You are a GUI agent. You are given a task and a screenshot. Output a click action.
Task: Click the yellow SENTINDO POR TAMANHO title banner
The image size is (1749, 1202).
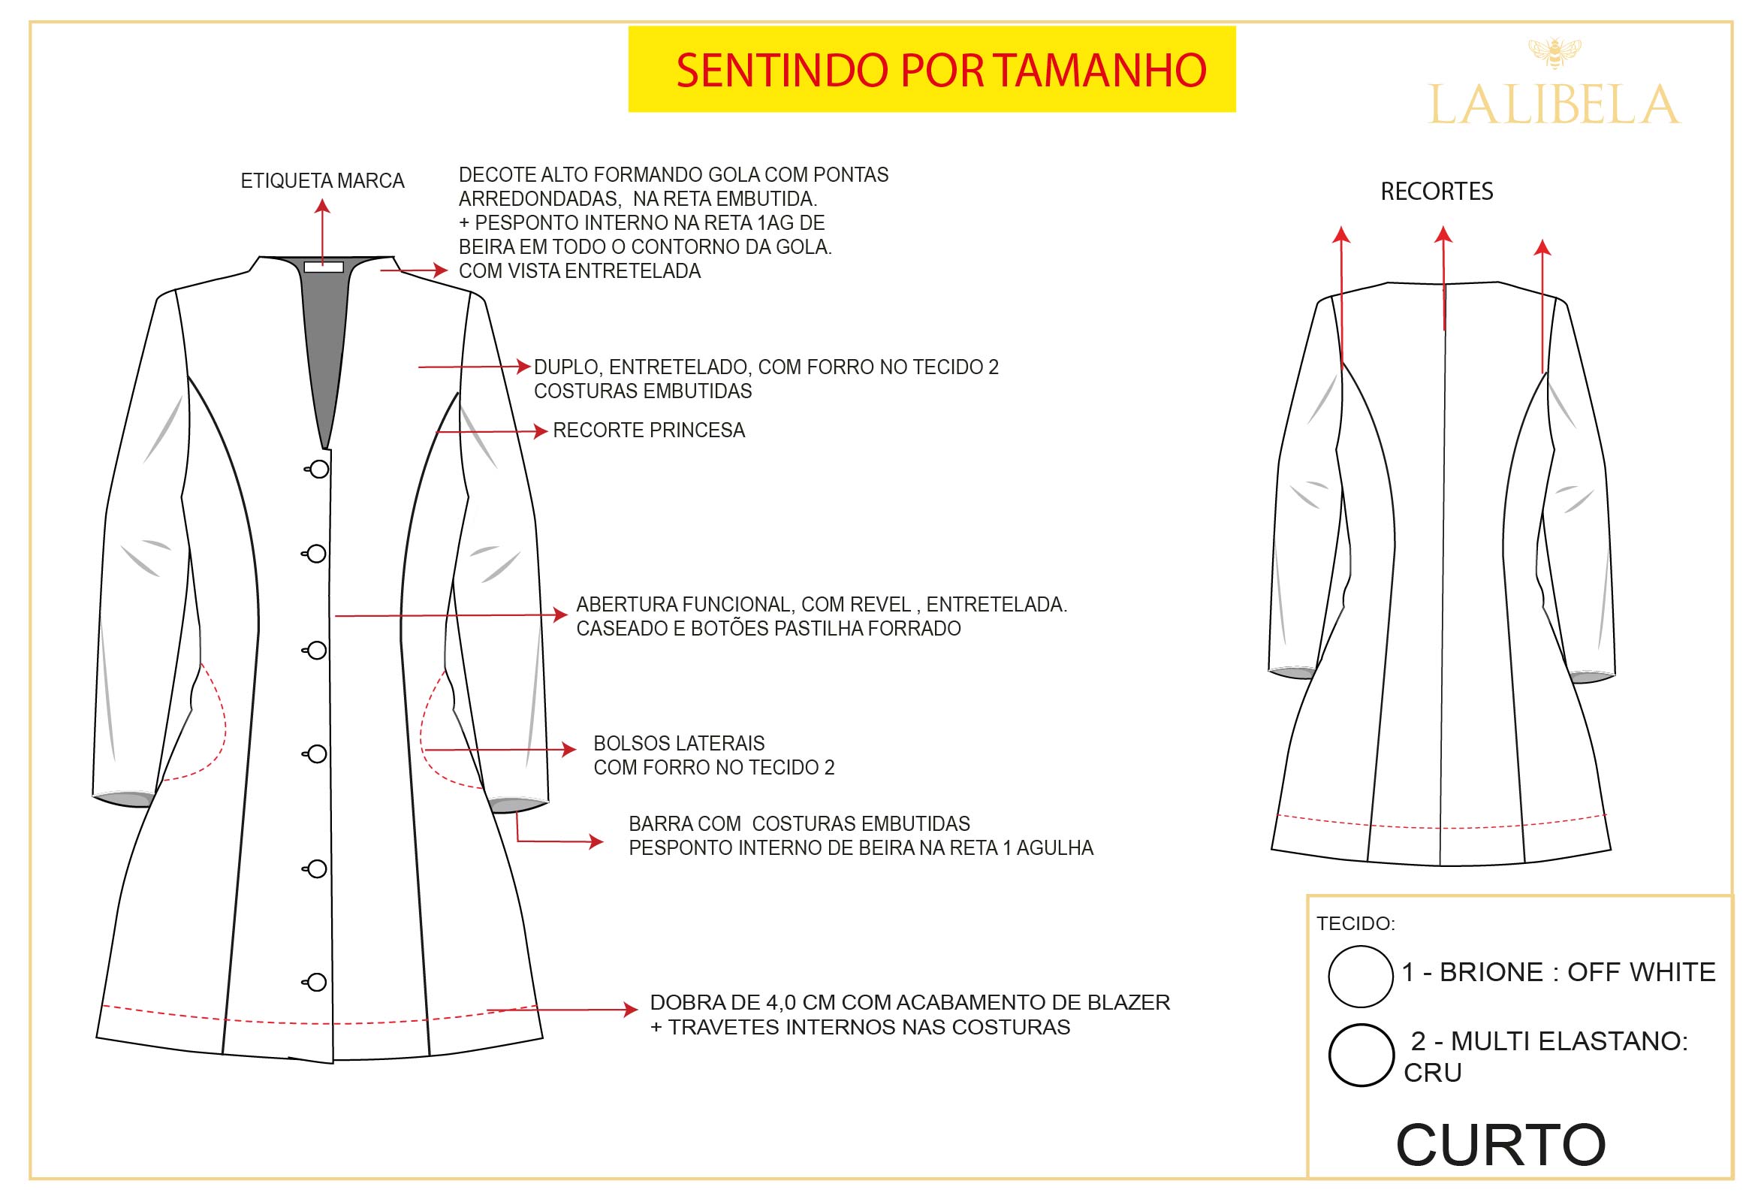coord(931,69)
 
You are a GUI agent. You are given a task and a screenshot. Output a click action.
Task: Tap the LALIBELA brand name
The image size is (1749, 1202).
coord(1554,104)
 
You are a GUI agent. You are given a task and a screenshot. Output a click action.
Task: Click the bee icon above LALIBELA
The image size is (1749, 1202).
coord(1554,53)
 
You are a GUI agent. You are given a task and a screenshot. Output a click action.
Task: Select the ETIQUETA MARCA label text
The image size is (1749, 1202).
coord(322,181)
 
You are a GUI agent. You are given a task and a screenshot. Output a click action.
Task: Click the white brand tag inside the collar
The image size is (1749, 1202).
coord(324,267)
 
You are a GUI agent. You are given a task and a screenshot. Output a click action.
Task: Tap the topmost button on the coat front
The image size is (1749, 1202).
coord(318,470)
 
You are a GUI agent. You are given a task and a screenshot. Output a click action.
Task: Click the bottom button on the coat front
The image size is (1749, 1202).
coord(315,982)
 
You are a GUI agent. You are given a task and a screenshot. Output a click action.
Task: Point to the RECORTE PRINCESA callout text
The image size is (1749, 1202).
coord(649,430)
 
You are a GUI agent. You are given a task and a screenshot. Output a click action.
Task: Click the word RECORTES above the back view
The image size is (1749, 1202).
coord(1437,192)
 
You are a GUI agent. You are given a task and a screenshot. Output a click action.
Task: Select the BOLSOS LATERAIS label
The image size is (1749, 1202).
coord(679,743)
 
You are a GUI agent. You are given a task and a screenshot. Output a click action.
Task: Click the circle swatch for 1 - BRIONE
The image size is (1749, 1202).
coord(1361,976)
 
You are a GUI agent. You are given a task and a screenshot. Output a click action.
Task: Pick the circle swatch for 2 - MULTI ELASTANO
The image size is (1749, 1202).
coord(1361,1055)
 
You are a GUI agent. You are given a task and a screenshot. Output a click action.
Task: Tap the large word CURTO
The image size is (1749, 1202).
coord(1500,1145)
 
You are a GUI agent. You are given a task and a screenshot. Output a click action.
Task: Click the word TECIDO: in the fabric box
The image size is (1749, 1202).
coord(1356,923)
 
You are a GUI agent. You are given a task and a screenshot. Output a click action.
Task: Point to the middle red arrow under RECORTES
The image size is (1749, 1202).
coord(1443,278)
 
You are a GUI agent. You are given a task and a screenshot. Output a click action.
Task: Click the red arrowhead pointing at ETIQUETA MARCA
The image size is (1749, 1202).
coord(322,206)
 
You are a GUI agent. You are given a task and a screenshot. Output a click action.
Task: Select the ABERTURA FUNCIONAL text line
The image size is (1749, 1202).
coord(822,604)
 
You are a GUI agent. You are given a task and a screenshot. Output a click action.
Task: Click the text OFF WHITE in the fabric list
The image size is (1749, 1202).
coord(1642,972)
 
